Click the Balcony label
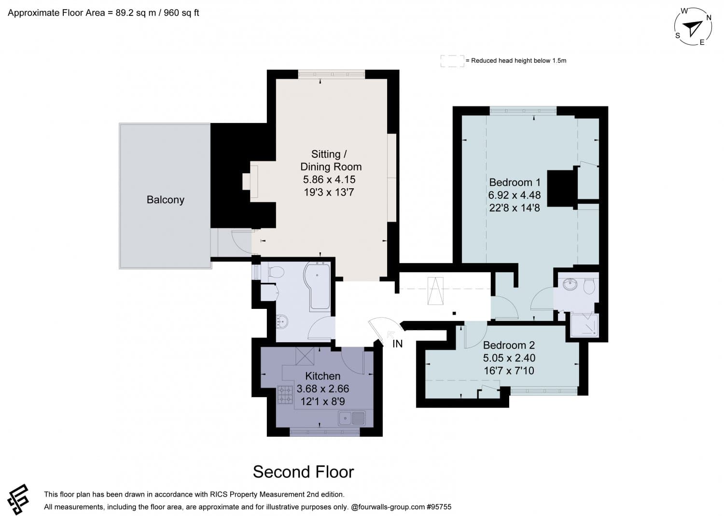point(165,200)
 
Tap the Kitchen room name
point(322,376)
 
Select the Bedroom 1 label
point(515,182)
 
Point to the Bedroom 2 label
point(509,345)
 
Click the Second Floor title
point(303,472)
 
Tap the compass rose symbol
point(694,27)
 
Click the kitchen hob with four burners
point(285,394)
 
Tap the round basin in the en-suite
point(570,284)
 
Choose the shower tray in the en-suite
point(585,325)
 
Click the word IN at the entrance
point(397,344)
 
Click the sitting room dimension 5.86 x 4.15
point(329,180)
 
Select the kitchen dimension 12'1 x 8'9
point(322,401)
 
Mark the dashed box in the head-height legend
point(452,61)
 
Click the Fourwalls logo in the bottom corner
point(18,499)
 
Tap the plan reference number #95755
point(438,507)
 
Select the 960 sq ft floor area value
point(181,13)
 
